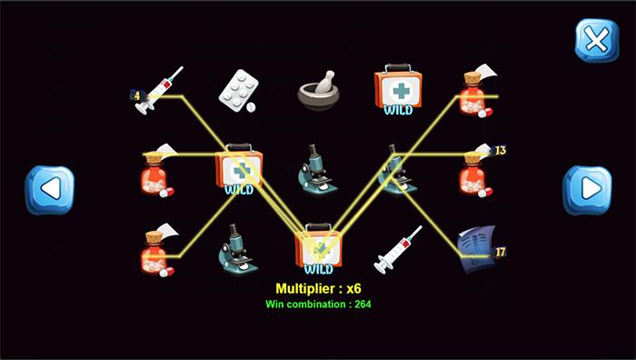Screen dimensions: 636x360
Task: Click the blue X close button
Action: tap(597, 40)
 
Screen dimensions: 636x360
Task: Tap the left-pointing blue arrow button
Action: tap(49, 189)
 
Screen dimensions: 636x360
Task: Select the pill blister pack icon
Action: tap(238, 90)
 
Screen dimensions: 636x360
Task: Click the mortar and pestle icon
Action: tap(319, 91)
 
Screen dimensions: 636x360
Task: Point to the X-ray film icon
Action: tap(476, 249)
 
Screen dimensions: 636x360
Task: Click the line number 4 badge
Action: tap(137, 95)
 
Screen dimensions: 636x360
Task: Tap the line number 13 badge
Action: tap(500, 151)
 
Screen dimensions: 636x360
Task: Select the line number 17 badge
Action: tap(500, 252)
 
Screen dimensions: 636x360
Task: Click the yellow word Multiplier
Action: tap(305, 288)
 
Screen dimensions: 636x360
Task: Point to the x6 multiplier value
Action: tap(353, 288)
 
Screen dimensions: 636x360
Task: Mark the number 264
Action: tap(363, 305)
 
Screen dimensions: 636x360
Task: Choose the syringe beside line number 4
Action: tap(159, 90)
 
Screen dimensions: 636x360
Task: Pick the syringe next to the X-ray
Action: tap(398, 249)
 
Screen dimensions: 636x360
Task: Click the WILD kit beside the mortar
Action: tap(398, 89)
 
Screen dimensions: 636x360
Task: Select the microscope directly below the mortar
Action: tap(318, 170)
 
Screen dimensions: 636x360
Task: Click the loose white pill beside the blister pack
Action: tap(251, 107)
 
